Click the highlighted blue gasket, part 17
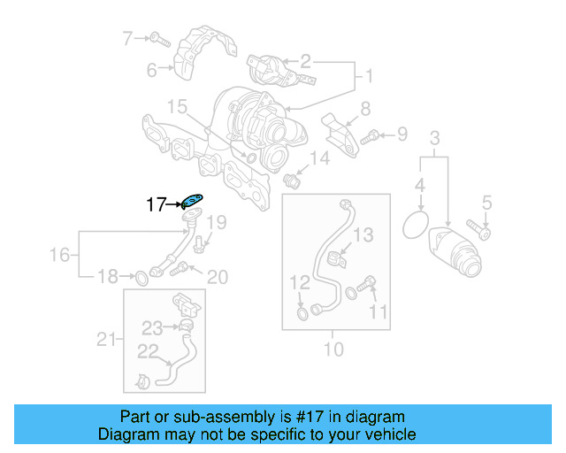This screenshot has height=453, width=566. [x=192, y=201]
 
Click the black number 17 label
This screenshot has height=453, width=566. [x=157, y=205]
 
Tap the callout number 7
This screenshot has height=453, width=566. [x=127, y=38]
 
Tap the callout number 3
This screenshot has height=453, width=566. [x=434, y=138]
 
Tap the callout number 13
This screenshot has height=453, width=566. [x=364, y=234]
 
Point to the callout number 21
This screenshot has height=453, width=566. [x=106, y=338]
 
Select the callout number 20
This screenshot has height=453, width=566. [x=217, y=278]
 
